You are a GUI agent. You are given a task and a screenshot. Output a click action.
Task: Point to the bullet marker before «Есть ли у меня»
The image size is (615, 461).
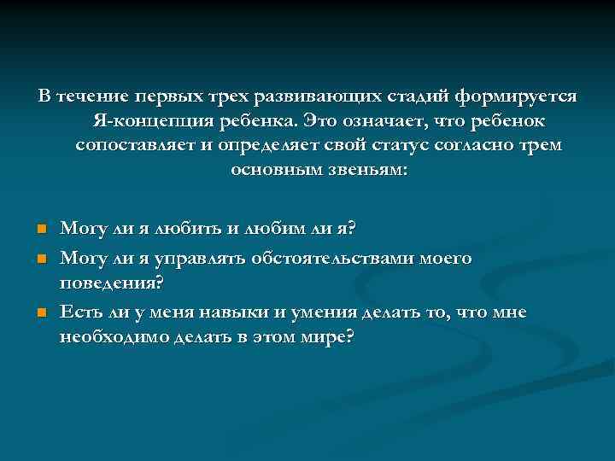click(40, 313)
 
